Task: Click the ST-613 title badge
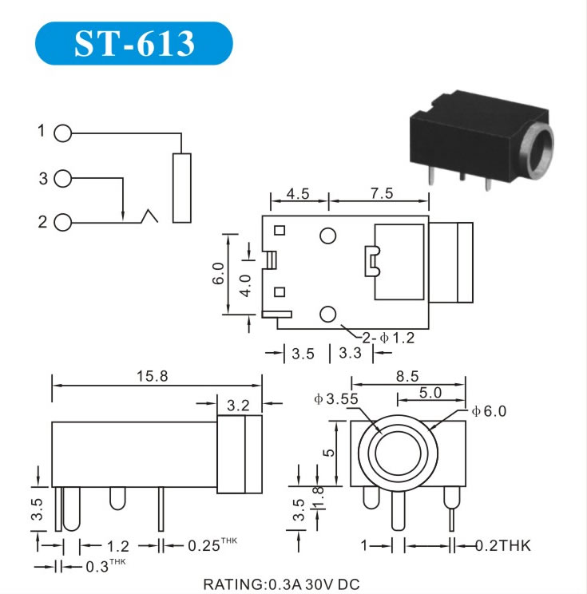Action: coord(133,43)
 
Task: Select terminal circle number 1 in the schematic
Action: coord(62,133)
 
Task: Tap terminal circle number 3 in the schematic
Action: coord(62,178)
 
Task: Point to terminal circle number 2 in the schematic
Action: coord(62,223)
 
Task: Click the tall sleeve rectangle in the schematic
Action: coord(182,188)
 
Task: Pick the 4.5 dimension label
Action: coord(298,193)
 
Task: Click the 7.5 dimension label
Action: coord(382,193)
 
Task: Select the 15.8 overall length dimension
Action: coord(152,376)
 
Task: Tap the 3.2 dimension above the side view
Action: coord(238,406)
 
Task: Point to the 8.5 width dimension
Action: coord(407,376)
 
